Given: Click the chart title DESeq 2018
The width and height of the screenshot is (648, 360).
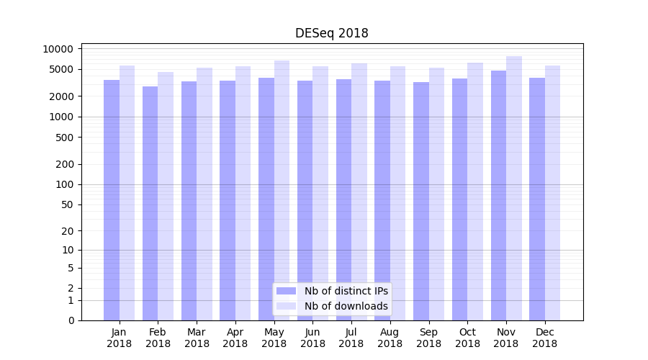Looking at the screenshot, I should click(x=331, y=33).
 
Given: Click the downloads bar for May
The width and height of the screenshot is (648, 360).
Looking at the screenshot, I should click(x=282, y=191).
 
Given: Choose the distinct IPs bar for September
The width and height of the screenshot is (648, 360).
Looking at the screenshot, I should click(x=421, y=202).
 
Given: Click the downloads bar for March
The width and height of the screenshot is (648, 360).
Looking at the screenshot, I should click(x=204, y=194).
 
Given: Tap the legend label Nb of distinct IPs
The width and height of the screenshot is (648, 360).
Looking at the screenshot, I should click(x=346, y=291).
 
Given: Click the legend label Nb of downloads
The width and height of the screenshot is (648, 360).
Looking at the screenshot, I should click(x=346, y=306).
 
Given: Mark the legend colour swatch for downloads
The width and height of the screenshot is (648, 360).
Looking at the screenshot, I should click(x=287, y=306).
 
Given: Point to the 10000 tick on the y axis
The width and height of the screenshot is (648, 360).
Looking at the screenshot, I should click(x=58, y=49).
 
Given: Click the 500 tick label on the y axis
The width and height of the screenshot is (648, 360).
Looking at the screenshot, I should click(x=65, y=138).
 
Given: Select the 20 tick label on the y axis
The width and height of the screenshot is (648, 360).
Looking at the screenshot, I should click(x=67, y=231).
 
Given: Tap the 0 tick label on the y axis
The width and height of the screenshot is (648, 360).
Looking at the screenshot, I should click(x=71, y=320).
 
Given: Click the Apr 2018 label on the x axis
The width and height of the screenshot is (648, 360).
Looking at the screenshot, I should click(x=235, y=338).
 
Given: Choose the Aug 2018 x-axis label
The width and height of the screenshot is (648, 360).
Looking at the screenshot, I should click(x=390, y=338).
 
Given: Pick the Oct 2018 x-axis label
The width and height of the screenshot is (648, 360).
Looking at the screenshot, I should click(x=467, y=338).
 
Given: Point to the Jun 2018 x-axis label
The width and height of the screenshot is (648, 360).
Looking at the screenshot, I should click(x=312, y=338).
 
